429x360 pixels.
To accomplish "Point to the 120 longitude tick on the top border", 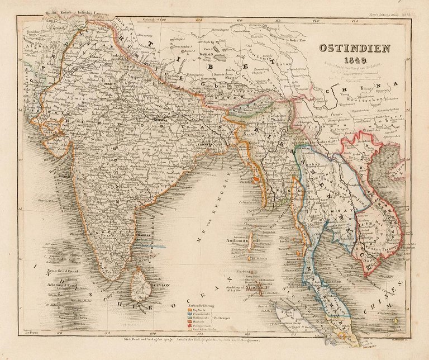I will click(316, 19).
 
